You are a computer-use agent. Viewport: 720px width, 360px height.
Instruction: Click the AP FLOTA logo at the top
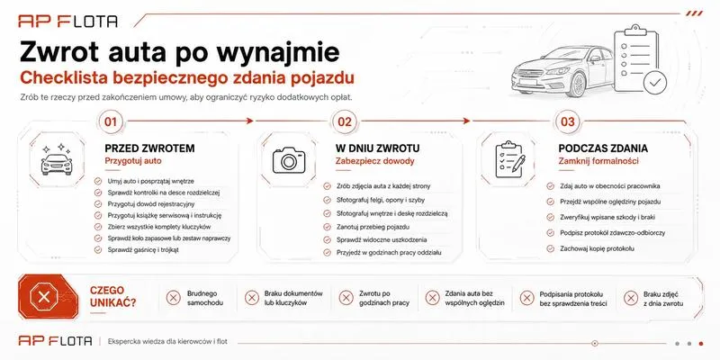pos(68,21)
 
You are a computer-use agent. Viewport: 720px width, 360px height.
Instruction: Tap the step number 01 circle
pos(111,121)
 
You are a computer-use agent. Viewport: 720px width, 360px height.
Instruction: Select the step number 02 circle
pos(345,121)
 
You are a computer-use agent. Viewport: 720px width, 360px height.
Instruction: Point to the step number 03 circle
pos(568,121)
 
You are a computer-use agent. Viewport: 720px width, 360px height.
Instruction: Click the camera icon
pos(289,160)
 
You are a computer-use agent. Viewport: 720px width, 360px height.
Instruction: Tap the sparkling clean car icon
pos(57,159)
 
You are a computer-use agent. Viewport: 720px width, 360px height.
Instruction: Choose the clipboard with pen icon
pos(510,159)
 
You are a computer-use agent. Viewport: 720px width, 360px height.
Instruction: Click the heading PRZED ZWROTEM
pos(149,148)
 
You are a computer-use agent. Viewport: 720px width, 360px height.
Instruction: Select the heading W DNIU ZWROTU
pos(377,148)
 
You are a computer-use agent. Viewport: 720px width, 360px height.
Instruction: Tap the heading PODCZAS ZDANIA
pos(603,148)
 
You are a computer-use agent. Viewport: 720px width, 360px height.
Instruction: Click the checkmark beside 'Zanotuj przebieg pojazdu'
pos(327,227)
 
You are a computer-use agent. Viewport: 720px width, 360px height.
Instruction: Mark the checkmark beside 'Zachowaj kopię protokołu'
pos(550,248)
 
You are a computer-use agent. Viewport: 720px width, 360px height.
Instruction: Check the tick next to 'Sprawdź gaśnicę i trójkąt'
pos(98,250)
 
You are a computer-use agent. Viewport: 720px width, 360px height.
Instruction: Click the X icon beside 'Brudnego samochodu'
pos(173,298)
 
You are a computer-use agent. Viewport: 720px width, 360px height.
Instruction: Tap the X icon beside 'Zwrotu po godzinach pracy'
pos(346,298)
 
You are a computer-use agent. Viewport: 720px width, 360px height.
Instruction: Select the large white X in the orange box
pos(44,297)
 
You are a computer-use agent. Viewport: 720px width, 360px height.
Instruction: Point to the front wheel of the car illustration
pos(577,85)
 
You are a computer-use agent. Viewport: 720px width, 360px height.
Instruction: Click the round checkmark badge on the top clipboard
pos(655,83)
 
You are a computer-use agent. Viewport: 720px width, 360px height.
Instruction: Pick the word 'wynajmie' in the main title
pos(278,52)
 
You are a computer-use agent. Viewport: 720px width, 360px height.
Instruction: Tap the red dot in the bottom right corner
pos(701,344)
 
